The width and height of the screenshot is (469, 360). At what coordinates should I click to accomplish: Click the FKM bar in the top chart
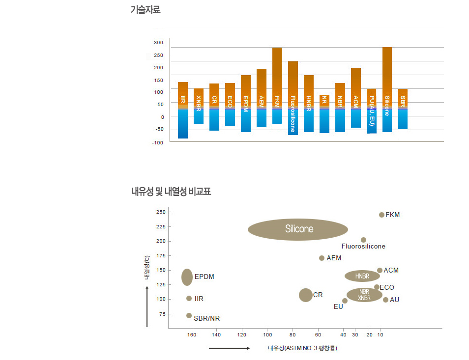coord(277,86)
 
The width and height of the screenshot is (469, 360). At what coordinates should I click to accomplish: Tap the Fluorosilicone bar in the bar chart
coord(293,98)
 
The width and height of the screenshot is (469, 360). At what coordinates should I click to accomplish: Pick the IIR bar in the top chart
coord(183,110)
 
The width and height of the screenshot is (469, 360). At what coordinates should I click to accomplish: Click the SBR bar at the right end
coord(403,109)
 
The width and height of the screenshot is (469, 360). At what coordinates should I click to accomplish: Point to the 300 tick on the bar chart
coord(158,43)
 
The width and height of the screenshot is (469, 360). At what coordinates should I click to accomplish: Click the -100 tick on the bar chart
coord(158,142)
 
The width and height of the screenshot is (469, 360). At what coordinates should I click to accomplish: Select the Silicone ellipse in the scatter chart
coord(298,229)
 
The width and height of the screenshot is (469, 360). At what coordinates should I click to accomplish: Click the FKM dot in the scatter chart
coord(382,215)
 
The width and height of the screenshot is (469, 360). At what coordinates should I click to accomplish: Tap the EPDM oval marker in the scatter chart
coord(187,277)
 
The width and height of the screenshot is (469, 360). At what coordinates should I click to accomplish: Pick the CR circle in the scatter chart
coord(306,295)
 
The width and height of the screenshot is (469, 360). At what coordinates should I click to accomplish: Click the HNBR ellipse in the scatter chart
coord(362,276)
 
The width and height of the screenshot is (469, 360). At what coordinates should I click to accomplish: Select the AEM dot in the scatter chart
coord(322,258)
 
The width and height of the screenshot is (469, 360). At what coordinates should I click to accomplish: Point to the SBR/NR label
coord(206,318)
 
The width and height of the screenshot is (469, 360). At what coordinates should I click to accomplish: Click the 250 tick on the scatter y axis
coord(160,212)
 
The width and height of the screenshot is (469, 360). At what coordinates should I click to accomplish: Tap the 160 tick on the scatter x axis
coord(192,335)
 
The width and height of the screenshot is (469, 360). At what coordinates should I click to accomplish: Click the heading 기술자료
coord(146,9)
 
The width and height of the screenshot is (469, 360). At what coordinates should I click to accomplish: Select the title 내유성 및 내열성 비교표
coord(171,191)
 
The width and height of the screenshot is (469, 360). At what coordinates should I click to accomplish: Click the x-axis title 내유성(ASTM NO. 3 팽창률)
coord(302,348)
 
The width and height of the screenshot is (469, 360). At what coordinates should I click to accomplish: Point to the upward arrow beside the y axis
coord(147,306)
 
